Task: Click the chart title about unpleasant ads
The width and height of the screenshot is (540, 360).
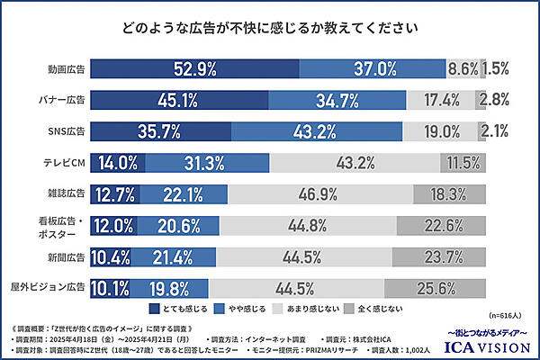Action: (x=270, y=28)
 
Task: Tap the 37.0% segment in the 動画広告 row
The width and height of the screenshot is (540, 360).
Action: (x=372, y=68)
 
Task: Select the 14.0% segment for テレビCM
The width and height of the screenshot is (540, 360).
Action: (x=116, y=163)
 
